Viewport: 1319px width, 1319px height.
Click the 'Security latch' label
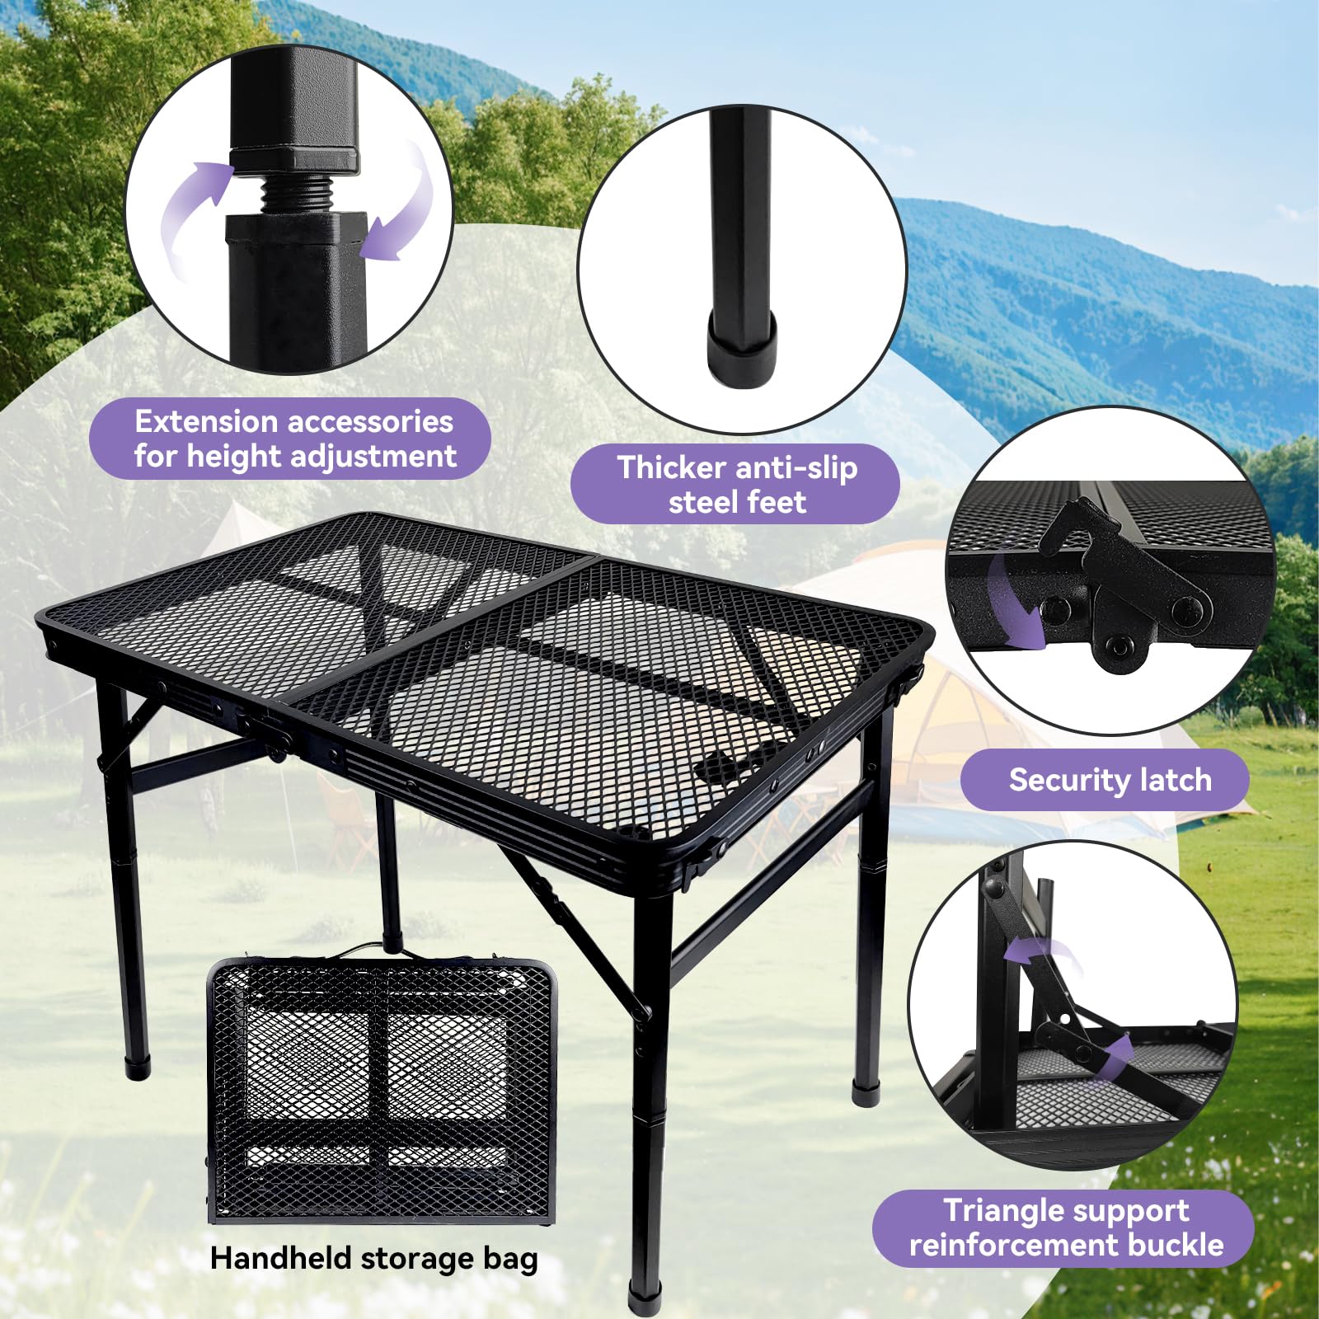(1110, 780)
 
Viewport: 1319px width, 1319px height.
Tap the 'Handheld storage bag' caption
(373, 1258)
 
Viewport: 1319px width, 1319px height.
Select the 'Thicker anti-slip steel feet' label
(737, 485)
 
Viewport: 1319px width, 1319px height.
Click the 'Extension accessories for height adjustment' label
(294, 439)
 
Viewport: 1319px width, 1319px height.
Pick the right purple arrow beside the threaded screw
(401, 205)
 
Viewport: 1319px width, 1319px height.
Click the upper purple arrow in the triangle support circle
(1040, 951)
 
